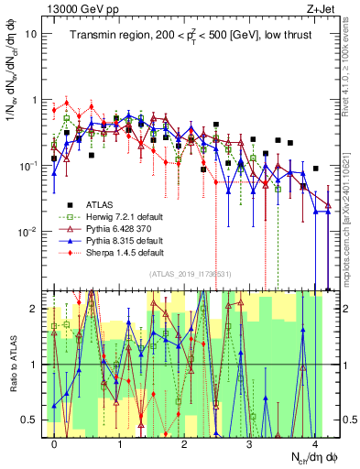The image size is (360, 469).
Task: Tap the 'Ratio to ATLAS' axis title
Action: [11, 365]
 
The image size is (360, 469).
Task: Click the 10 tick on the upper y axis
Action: [32, 34]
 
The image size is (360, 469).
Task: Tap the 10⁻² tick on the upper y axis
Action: [29, 231]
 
